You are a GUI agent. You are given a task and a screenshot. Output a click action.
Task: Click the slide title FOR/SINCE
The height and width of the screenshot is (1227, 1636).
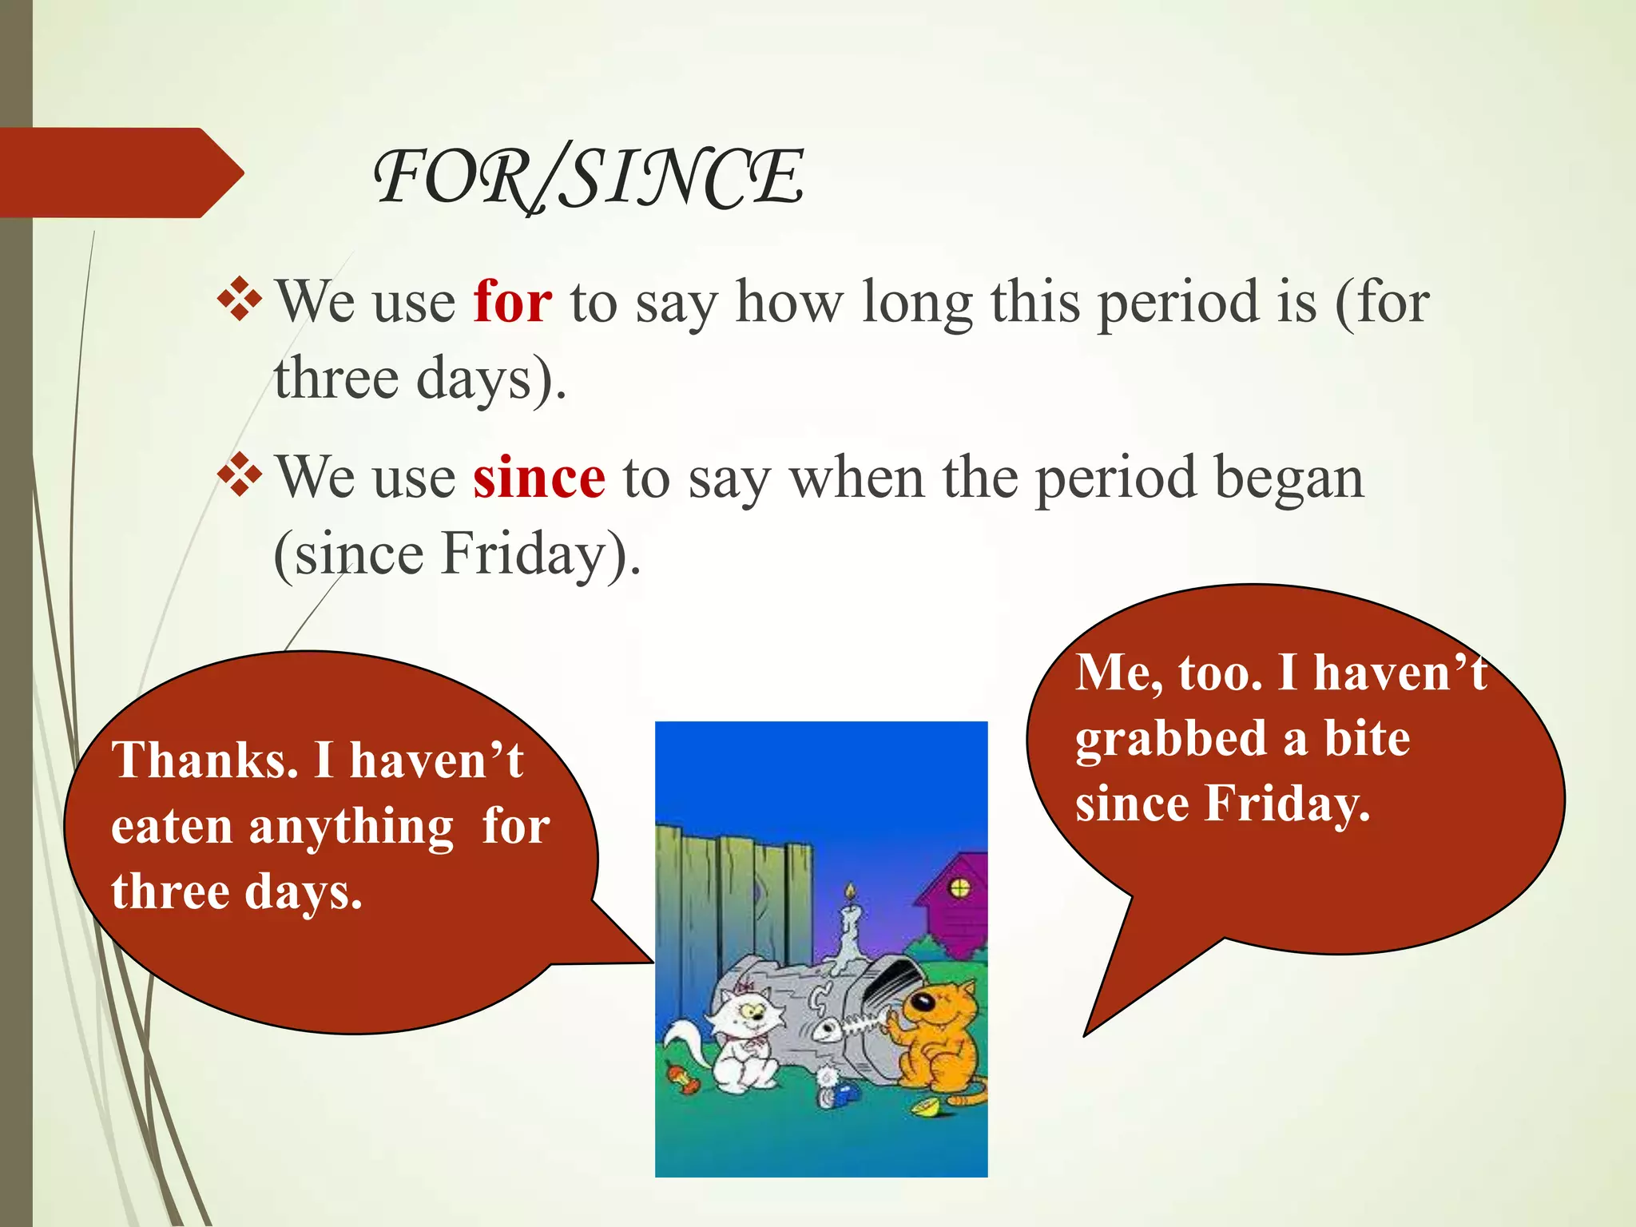589,177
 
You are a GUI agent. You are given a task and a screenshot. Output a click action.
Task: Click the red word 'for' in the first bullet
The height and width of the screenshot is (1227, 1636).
512,303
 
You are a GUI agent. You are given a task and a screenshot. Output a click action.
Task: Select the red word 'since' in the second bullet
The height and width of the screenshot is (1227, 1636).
538,478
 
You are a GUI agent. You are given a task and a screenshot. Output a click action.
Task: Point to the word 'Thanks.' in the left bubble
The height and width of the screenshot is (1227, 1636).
205,760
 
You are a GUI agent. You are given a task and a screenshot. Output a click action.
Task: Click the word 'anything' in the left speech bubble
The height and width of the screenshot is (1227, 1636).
351,827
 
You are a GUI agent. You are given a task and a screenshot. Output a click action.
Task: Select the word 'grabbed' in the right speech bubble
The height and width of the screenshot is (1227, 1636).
1169,739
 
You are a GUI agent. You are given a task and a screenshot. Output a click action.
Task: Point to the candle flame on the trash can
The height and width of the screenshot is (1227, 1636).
850,891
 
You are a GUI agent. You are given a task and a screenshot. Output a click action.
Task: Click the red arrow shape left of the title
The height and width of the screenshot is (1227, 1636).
120,173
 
